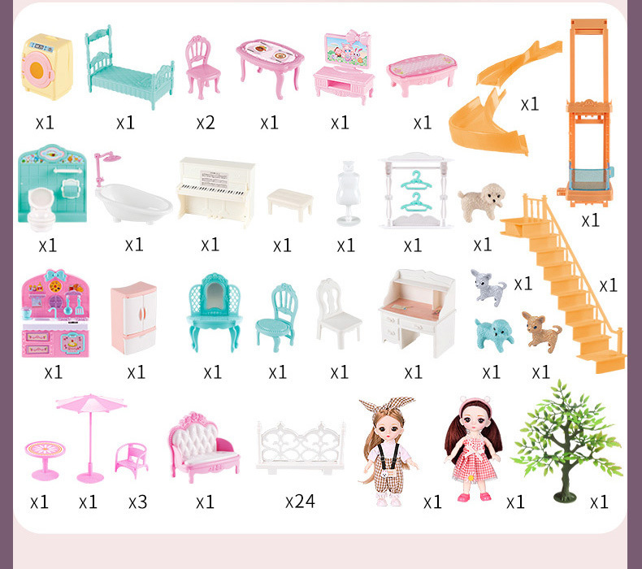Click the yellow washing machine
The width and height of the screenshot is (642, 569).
[47, 67]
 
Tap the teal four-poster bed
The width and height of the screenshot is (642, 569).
[129, 71]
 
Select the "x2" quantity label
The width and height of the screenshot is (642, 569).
[206, 123]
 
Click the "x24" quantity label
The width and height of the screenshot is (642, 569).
[300, 501]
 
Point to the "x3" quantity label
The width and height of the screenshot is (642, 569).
[137, 502]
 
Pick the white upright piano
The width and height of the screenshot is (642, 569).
[216, 192]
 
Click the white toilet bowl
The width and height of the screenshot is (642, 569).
[41, 208]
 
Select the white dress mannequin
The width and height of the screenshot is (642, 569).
[348, 193]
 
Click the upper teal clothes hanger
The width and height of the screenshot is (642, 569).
[415, 180]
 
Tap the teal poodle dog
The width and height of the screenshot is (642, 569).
[494, 334]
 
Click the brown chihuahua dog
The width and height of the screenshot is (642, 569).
[541, 331]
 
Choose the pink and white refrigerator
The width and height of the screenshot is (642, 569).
[134, 319]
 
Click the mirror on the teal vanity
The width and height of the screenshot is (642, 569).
[215, 296]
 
